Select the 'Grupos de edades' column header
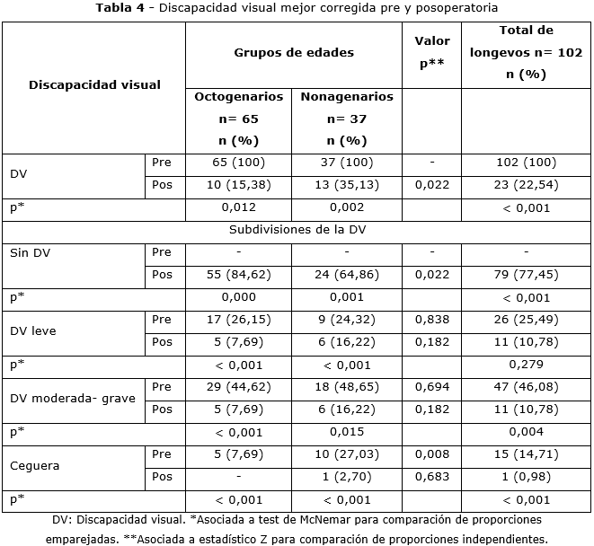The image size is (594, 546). (294, 53)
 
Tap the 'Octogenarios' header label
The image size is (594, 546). (239, 97)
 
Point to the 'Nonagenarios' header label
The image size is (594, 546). (347, 97)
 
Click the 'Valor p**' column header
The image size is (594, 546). (432, 53)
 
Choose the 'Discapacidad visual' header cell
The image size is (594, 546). (94, 85)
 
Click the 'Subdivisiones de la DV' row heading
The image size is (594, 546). (297, 230)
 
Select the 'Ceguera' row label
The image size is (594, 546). (31, 465)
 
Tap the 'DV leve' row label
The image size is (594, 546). (32, 330)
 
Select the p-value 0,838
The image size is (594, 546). (431, 320)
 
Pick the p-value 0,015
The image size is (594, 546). (347, 432)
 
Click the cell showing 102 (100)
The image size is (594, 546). (526, 163)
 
